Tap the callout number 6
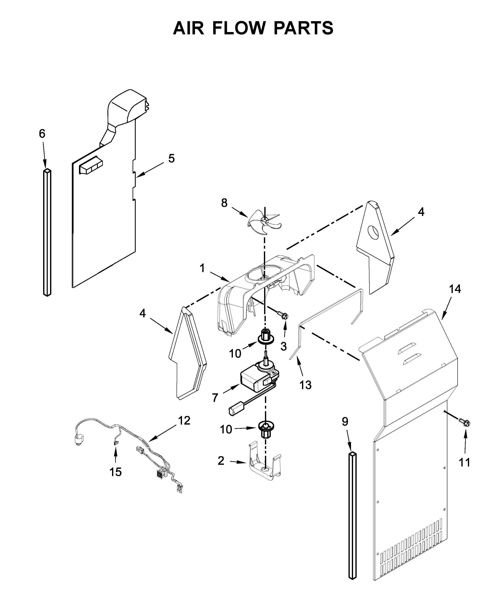coord(42,133)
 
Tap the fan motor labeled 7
coord(257,379)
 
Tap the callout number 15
coord(116,472)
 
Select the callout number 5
coord(171,158)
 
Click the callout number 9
coord(345,422)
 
